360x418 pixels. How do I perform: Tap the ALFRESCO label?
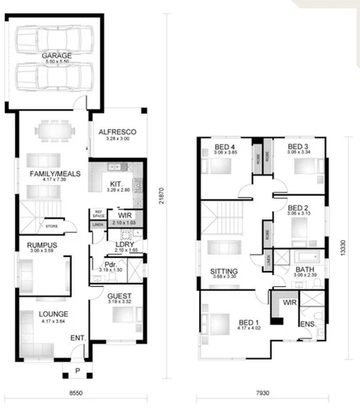116,131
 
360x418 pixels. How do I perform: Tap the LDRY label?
124,243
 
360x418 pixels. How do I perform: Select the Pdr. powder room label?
112,265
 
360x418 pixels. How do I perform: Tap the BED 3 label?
298,147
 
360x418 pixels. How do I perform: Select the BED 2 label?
299,208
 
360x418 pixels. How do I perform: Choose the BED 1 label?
249,321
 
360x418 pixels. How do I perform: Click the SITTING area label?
223,271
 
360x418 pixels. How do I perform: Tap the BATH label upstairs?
305,269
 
